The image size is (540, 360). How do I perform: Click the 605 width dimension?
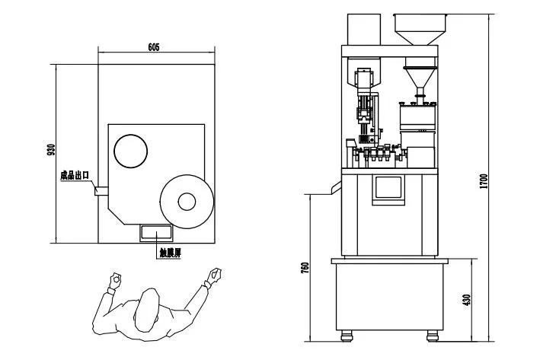[153, 47]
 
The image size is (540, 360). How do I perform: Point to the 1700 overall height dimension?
[484, 181]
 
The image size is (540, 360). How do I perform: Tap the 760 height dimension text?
[305, 268]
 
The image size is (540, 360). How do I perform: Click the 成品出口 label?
[75, 176]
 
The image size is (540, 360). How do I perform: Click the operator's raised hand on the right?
[216, 272]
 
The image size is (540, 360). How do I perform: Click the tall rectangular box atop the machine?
[363, 29]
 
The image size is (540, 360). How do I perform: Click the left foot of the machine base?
[347, 334]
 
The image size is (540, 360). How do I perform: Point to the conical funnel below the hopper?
[418, 78]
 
